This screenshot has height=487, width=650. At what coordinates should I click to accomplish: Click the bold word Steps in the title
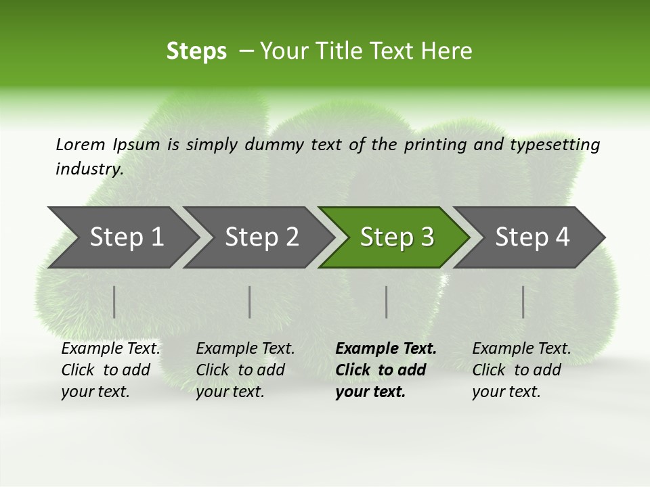click(x=196, y=51)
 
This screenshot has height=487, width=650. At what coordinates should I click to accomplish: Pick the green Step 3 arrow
click(x=395, y=237)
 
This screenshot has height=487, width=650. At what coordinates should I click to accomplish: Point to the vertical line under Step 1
click(x=114, y=302)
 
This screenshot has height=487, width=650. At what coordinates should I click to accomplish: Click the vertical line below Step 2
click(x=250, y=302)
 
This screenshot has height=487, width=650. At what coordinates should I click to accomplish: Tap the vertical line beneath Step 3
click(x=387, y=302)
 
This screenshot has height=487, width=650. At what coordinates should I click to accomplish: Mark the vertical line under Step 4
click(x=523, y=302)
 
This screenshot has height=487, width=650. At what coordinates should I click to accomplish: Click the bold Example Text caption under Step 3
click(x=386, y=370)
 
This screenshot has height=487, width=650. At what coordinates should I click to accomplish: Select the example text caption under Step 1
click(x=110, y=370)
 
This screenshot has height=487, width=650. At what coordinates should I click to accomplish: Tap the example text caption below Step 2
click(x=245, y=370)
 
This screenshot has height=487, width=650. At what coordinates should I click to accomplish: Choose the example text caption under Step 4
click(x=521, y=370)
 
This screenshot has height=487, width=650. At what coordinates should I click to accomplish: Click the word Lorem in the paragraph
click(x=81, y=144)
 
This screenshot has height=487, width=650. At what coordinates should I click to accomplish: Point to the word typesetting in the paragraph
click(x=555, y=144)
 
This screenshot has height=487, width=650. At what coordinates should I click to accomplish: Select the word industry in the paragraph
click(x=89, y=168)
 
